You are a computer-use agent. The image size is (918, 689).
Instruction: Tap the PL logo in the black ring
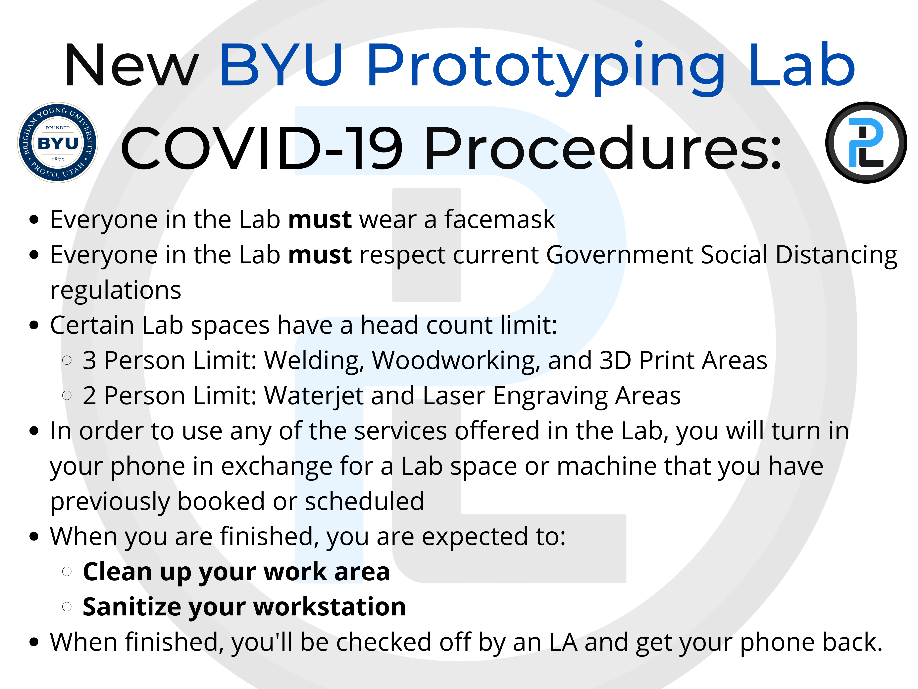coord(866,143)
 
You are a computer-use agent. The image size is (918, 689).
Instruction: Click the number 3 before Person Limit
coord(89,360)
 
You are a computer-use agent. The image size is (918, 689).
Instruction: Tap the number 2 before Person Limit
coord(89,396)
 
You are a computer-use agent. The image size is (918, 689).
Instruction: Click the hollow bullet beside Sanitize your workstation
coord(67,607)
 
